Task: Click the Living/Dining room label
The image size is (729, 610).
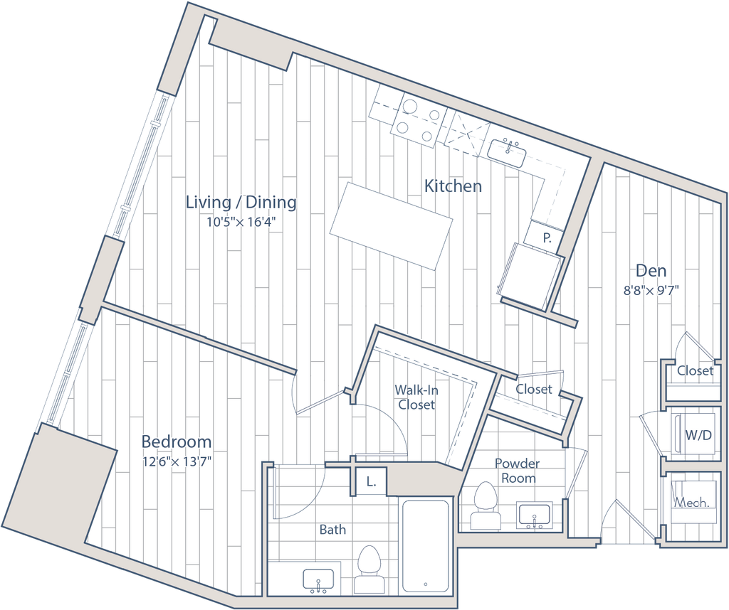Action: point(241,203)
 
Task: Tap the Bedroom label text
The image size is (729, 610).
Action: point(176,442)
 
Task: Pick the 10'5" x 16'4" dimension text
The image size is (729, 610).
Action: point(241,222)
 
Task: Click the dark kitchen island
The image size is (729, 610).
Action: point(391,224)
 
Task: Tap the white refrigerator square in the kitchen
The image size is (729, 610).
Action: point(530,276)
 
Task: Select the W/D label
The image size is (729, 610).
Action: point(696,434)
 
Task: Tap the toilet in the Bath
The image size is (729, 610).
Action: point(368,568)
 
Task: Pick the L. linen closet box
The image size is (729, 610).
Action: point(370,482)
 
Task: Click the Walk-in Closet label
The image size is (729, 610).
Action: point(418,397)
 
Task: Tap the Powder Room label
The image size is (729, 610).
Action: point(518,469)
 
